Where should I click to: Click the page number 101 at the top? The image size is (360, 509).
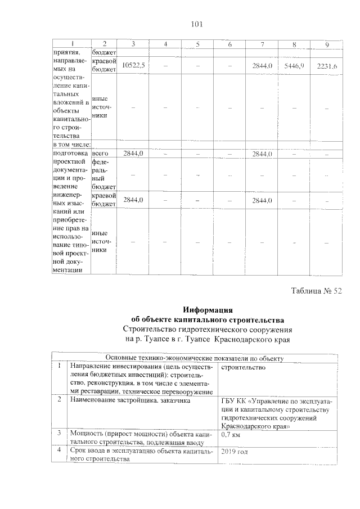tap(197, 24)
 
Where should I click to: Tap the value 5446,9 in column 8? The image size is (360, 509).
tap(294, 66)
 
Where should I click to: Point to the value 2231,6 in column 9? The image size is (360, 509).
tap(327, 66)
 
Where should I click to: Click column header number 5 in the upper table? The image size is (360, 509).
tap(197, 44)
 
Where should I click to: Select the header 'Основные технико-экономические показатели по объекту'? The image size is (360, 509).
tap(195, 358)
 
